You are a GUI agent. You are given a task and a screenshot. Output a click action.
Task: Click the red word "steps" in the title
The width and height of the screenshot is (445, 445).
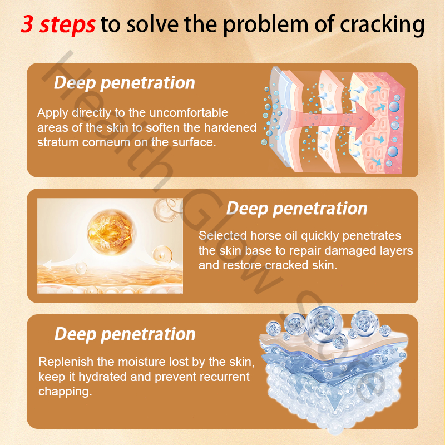[67, 24]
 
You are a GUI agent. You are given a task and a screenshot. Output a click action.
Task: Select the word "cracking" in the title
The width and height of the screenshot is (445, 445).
[382, 25]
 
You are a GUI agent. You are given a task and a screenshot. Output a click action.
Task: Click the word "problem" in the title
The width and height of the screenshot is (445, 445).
[265, 25]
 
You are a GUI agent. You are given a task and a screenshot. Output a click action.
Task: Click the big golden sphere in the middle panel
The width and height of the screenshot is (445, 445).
[112, 232]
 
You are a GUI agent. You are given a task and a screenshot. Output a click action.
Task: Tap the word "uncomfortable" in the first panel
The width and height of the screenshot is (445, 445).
[189, 113]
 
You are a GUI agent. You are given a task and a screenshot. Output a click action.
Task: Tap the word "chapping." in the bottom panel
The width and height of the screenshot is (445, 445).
[65, 392]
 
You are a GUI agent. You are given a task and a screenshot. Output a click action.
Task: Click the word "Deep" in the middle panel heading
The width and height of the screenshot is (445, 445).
[247, 209]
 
